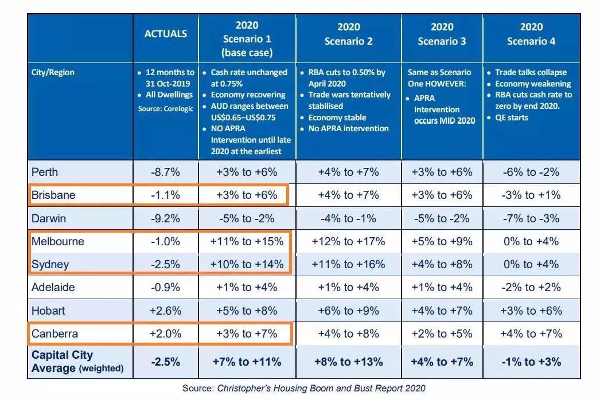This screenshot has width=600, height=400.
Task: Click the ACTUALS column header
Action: tap(165, 34)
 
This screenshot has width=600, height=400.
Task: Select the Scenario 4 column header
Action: tap(531, 34)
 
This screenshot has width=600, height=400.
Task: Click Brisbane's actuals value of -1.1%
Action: tap(165, 195)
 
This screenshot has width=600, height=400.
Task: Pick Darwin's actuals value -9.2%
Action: tap(165, 218)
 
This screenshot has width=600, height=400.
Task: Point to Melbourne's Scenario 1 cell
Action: tap(247, 241)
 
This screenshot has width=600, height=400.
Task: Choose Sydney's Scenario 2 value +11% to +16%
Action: tap(348, 264)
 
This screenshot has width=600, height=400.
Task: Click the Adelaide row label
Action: tap(53, 288)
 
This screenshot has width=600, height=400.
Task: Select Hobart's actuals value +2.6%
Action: tap(165, 311)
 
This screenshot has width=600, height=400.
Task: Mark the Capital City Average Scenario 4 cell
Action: tap(531, 362)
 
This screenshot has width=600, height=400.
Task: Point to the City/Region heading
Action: tap(53, 73)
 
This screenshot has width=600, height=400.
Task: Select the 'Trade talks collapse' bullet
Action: tap(531, 73)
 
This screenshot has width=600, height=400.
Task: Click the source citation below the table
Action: tap(304, 388)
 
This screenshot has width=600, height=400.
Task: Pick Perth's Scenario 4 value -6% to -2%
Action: tap(531, 172)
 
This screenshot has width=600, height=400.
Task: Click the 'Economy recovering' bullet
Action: tap(248, 95)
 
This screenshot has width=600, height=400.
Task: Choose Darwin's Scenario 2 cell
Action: tap(348, 218)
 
